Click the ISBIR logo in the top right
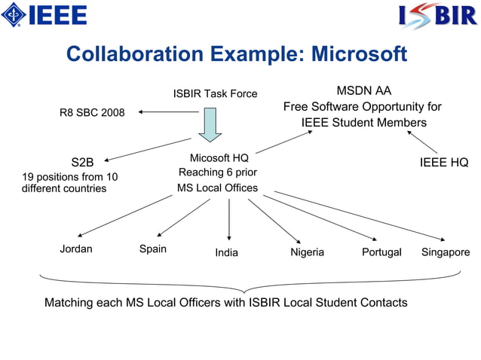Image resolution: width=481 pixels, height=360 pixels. coord(437,15)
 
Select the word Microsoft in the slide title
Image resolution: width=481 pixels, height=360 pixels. coord(359,55)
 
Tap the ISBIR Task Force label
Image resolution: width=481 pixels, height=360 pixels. coord(215,94)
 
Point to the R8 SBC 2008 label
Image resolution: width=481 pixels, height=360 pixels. coord(92,113)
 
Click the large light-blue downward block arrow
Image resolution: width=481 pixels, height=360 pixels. coord(210,124)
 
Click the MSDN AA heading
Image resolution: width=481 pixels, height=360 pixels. coord(363,90)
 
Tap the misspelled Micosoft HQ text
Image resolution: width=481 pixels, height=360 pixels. coord(219,157)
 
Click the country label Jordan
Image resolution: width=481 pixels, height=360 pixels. coord(76,249)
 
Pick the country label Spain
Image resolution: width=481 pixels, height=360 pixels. coord(153,249)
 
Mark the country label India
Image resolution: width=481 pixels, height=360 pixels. coord(226,252)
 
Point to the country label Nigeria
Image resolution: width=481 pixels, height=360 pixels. coord(308,252)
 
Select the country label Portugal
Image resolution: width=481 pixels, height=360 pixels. coord(381,252)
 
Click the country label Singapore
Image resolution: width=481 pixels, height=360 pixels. coord(446,252)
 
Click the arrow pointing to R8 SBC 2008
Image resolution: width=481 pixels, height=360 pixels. coord(167,113)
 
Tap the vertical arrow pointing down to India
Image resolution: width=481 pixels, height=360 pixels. coord(229,219)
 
